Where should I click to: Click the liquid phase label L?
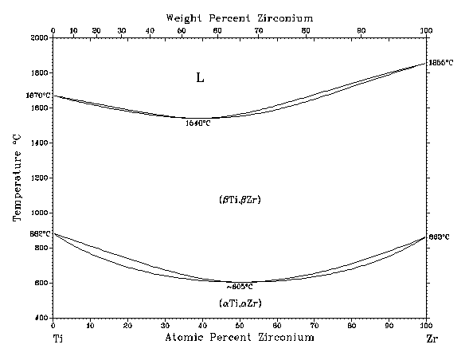pos(201,78)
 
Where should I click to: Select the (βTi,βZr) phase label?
pos(240,199)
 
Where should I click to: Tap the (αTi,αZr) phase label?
pos(240,303)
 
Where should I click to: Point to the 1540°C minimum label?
pos(197,123)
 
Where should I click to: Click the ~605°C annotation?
pos(239,286)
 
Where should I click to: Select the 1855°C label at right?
pos(440,62)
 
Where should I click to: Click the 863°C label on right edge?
pos(440,237)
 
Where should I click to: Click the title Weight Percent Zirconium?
pos(240,18)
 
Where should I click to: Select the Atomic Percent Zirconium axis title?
pos(240,338)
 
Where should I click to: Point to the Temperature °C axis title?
pos(17,178)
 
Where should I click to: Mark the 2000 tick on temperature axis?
pos(38,37)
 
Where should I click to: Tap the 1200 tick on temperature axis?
pos(38,178)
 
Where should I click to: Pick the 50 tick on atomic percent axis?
pos(239,325)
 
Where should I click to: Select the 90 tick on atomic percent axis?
pos(388,325)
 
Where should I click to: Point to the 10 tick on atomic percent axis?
pos(90,325)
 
